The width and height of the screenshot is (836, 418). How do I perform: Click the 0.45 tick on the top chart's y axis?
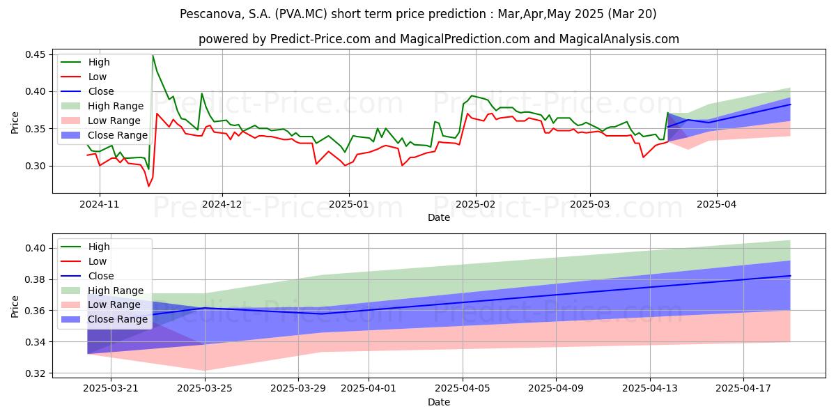click(35, 54)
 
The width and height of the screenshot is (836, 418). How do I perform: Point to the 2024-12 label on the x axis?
click(223, 204)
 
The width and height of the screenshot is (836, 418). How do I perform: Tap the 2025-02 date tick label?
click(475, 204)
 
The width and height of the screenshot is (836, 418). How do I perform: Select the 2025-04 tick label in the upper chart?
click(717, 204)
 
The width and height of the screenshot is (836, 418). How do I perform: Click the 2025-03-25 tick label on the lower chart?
click(205, 388)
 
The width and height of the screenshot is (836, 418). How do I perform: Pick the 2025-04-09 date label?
click(556, 388)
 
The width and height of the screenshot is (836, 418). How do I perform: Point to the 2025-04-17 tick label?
click(743, 388)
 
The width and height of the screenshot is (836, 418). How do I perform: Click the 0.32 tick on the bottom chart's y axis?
click(35, 373)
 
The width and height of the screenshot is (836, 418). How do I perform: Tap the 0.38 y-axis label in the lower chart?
click(35, 279)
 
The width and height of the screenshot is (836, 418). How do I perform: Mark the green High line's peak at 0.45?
click(153, 55)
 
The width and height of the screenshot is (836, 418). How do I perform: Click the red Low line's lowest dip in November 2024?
click(148, 186)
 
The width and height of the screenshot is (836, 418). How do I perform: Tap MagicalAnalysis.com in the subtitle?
click(619, 39)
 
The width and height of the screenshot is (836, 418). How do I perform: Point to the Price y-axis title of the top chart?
click(15, 123)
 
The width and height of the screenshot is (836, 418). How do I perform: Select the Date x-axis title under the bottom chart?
click(438, 402)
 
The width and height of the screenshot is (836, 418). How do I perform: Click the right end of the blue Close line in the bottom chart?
click(790, 276)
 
